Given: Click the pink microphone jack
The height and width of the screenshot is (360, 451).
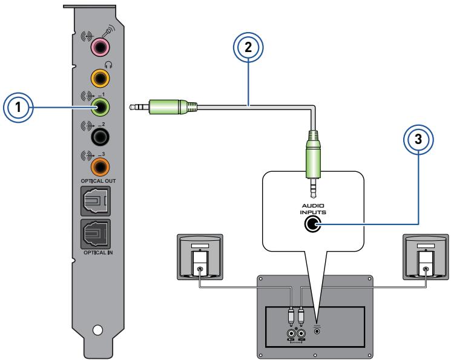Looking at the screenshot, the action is (x=100, y=47).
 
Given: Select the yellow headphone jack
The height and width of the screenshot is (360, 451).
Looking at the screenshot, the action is (x=100, y=77).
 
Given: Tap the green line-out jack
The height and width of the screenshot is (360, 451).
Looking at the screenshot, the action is (x=100, y=107).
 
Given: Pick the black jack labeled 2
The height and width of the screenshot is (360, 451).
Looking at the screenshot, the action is (x=100, y=137).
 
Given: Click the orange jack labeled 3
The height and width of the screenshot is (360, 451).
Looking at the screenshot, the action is (x=100, y=167).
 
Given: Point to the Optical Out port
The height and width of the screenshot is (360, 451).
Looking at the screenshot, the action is (x=96, y=201).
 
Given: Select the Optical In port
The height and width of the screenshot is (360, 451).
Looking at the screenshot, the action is (x=96, y=234).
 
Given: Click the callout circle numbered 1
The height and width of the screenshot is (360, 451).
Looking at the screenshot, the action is (x=18, y=107).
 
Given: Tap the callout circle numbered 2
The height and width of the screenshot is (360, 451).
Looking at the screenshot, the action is (x=248, y=47).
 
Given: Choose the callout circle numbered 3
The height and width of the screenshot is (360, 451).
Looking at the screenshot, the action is (x=418, y=139).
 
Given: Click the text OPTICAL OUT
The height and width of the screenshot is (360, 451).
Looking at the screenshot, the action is (x=98, y=181).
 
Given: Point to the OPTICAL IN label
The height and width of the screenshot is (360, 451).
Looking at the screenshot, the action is (x=98, y=252).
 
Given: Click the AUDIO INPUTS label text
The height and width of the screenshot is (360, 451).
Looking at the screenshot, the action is (x=313, y=209).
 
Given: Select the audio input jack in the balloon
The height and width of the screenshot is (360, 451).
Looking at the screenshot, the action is (x=312, y=224).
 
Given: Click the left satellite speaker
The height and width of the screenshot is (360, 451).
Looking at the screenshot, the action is (x=200, y=257).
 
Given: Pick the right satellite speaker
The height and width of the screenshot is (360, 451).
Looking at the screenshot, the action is (x=426, y=257).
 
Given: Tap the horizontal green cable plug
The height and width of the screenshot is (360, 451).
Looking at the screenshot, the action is (x=163, y=107).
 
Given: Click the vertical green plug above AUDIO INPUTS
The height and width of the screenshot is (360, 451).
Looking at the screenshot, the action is (x=312, y=164).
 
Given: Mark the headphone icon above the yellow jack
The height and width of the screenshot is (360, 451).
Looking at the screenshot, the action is (x=108, y=65).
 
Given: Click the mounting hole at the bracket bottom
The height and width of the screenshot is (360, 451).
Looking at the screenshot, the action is (x=98, y=330).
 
